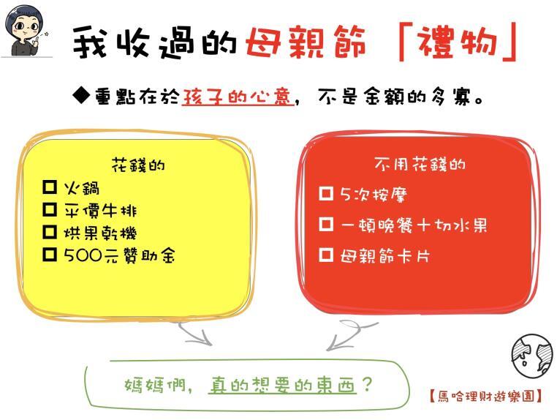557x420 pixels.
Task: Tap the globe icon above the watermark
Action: (531, 355)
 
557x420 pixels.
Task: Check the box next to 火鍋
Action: (50, 187)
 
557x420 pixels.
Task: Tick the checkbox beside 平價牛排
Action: (50, 209)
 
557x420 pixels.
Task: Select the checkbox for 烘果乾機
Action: (50, 232)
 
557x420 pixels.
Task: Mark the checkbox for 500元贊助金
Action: (50, 255)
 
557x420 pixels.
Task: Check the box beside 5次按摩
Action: (326, 193)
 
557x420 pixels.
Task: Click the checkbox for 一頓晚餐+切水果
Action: (326, 224)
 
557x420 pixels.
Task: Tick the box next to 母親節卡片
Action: (326, 255)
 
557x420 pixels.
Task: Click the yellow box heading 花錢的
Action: (138, 165)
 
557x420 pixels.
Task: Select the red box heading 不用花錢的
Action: (420, 165)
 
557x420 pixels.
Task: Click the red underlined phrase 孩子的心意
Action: (238, 96)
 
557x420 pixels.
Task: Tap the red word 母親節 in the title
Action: (306, 42)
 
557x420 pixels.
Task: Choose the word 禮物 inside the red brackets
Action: (456, 42)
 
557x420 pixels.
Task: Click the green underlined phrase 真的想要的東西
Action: (282, 385)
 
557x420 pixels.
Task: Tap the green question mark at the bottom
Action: (367, 384)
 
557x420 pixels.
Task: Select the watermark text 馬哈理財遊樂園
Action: (485, 396)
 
